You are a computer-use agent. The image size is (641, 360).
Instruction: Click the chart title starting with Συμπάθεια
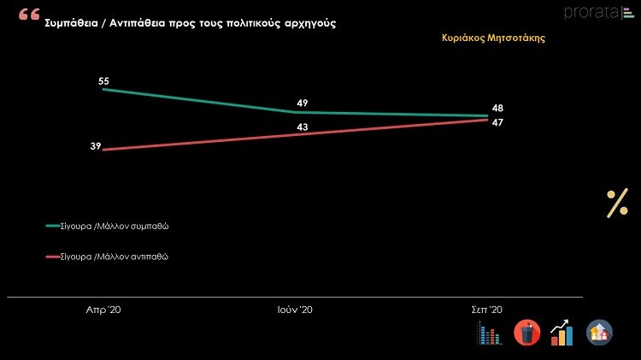(x=190, y=24)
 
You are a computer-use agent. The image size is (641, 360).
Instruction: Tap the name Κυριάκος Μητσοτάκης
(x=493, y=38)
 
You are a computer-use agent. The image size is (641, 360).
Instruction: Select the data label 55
(x=104, y=81)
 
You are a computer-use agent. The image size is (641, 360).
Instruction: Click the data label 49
(x=302, y=103)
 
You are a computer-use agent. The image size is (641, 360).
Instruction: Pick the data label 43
(x=302, y=127)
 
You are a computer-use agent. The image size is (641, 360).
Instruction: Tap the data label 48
(x=497, y=109)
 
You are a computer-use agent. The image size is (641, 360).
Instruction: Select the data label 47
(x=497, y=123)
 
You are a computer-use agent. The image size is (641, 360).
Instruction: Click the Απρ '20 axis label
(x=103, y=309)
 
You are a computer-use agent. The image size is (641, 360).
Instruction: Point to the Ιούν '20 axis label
(x=296, y=309)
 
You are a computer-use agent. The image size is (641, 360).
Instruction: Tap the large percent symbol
(x=617, y=204)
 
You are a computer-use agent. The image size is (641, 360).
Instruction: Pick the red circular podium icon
(x=526, y=333)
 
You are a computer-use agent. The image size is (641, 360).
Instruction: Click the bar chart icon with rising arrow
(x=562, y=333)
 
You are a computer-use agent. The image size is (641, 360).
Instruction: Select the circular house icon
(x=599, y=333)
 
